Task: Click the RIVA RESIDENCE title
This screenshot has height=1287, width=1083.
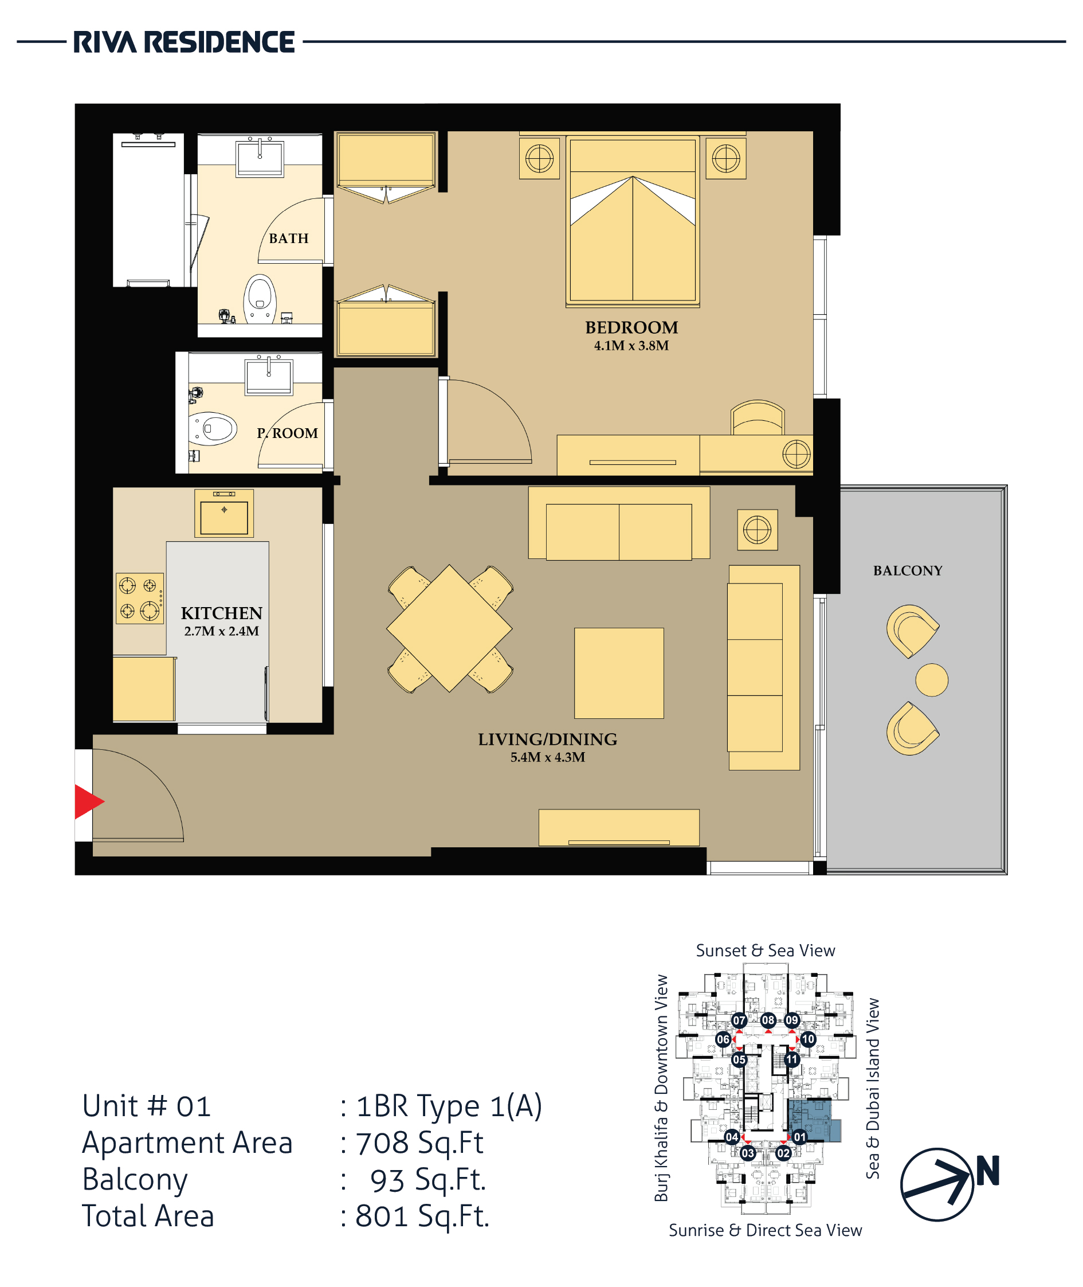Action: click(183, 42)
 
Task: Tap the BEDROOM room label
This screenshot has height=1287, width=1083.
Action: click(631, 327)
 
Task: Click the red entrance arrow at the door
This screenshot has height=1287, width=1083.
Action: click(89, 801)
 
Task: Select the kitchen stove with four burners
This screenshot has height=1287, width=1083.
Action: click(140, 598)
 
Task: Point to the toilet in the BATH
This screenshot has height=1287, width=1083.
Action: click(260, 299)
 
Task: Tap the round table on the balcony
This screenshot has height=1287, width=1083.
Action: click(931, 680)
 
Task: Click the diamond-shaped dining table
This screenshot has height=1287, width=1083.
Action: click(449, 628)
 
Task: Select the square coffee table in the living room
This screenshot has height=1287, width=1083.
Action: click(619, 672)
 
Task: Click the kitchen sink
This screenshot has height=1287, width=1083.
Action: click(224, 514)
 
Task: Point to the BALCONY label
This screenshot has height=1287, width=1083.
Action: click(908, 571)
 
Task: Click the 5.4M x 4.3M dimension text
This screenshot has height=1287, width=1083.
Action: click(548, 757)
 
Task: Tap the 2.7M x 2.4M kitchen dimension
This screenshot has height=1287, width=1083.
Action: click(222, 632)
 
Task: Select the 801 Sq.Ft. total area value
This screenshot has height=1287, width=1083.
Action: click(422, 1216)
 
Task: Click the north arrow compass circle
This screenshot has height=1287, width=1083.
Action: click(937, 1184)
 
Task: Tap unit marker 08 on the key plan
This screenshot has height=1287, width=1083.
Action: click(768, 1020)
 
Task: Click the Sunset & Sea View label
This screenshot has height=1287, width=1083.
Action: click(766, 950)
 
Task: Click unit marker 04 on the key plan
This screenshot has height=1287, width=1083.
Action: click(732, 1136)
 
